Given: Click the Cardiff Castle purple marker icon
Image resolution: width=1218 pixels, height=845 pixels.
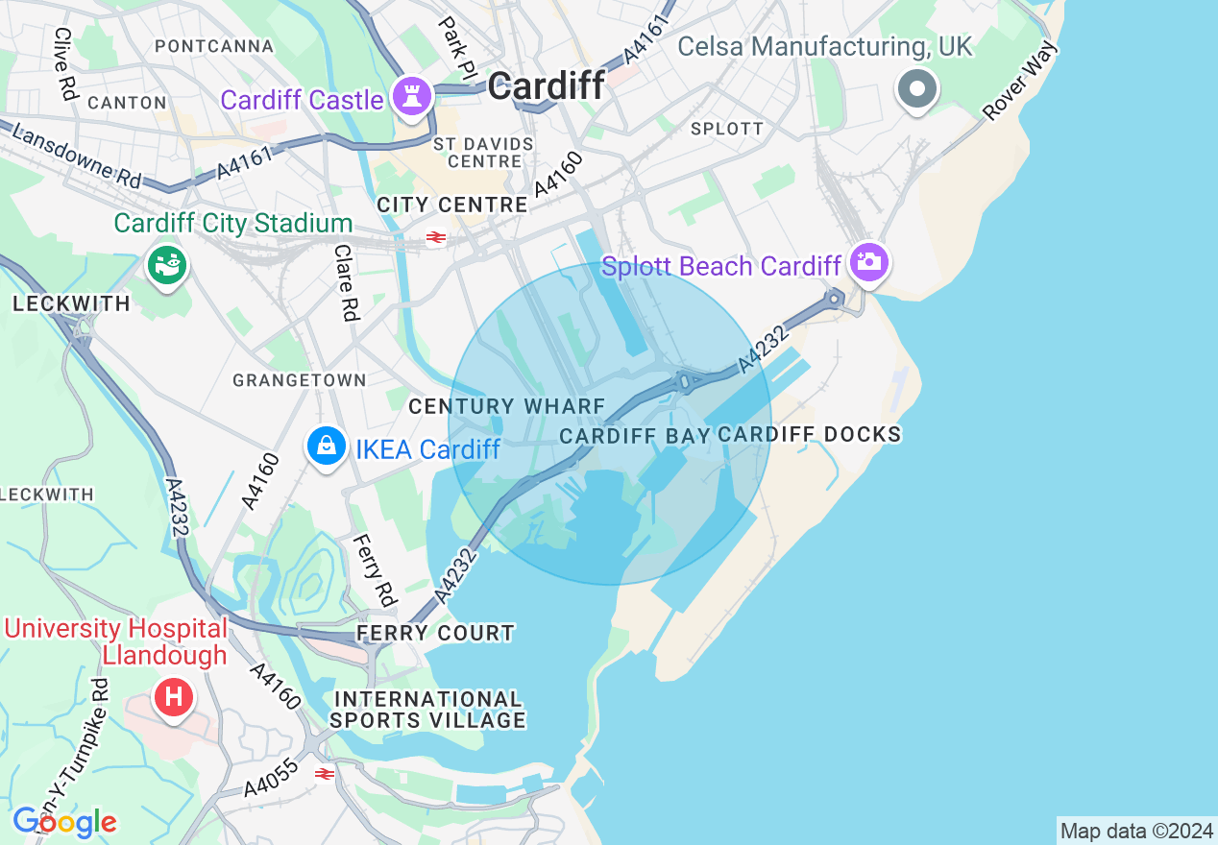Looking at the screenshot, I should [x=412, y=98].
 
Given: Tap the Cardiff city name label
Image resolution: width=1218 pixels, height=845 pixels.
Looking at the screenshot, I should [x=547, y=86].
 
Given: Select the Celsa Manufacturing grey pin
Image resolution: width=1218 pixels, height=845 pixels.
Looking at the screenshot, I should [x=916, y=90].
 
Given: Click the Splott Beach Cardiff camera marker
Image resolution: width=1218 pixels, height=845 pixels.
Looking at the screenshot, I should [x=869, y=262].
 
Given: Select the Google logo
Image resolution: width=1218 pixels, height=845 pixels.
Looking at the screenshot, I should [x=64, y=822].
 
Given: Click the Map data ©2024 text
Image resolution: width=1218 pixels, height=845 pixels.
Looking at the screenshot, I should [x=1135, y=831].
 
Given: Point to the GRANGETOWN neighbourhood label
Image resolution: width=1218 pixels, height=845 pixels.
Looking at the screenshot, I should [x=300, y=380].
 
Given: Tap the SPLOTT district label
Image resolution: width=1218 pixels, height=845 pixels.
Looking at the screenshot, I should [x=727, y=129].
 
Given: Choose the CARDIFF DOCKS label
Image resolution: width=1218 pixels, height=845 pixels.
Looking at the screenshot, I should [x=810, y=435].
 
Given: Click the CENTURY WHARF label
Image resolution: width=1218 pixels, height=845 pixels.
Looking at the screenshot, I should [x=506, y=407].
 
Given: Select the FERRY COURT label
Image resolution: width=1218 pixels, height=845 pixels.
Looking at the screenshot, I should [x=435, y=634].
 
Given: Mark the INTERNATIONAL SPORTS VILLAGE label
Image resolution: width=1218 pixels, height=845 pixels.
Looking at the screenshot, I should [x=428, y=710].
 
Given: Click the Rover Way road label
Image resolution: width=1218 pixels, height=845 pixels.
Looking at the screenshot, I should [x=1020, y=82].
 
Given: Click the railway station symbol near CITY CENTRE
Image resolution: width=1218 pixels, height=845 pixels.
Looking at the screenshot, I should [x=436, y=237].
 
